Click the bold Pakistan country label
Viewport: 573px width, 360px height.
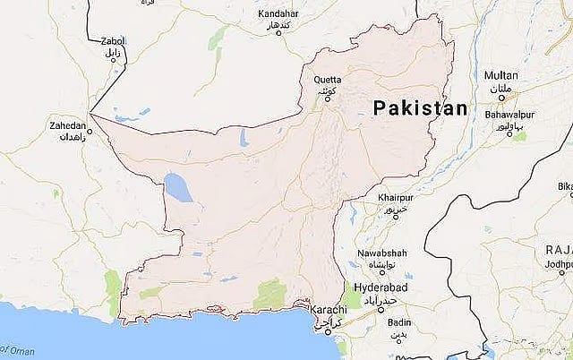(x=420, y=108)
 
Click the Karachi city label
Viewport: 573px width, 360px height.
(x=326, y=309)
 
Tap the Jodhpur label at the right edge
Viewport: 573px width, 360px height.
(x=560, y=265)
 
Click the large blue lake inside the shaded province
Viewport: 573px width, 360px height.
(x=176, y=189)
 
